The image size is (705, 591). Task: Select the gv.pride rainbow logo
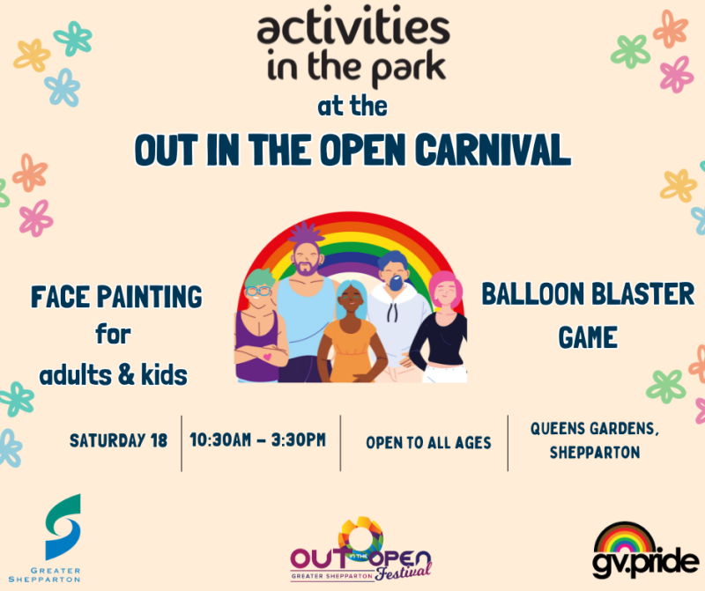click(646, 548)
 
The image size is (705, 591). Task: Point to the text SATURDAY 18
click(118, 440)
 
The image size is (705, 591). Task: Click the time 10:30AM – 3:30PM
click(257, 440)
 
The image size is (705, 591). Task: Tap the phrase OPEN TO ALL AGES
click(429, 441)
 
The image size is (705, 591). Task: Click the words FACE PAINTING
click(115, 298)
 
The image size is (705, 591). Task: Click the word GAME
click(587, 336)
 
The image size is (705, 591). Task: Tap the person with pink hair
click(442, 326)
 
